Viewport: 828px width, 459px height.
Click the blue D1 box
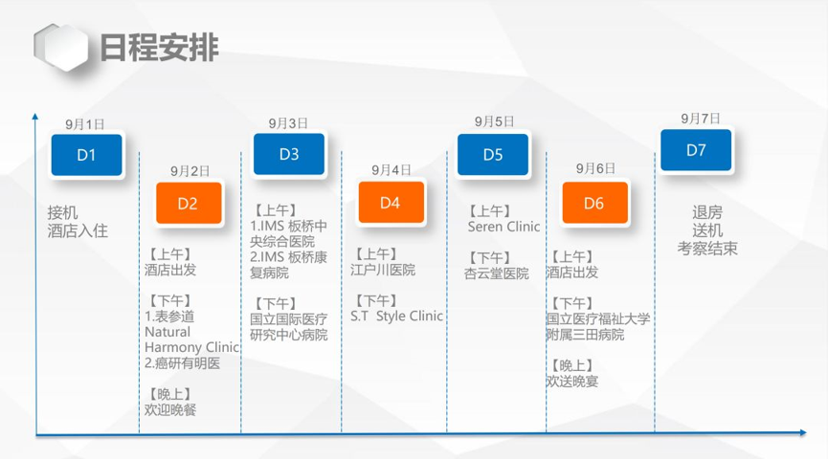[x=86, y=155]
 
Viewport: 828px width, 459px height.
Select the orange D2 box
[x=189, y=203]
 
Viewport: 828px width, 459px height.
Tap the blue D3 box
[x=289, y=154]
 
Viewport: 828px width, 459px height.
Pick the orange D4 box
[x=392, y=202]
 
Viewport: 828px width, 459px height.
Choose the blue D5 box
[x=493, y=154]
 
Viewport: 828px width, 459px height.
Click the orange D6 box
[x=595, y=203]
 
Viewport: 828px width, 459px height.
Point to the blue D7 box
[x=696, y=150]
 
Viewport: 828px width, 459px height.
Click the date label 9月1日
[x=85, y=124]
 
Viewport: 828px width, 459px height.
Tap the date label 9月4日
[x=392, y=170]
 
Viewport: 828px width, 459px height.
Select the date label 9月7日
[x=700, y=119]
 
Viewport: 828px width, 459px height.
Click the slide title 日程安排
[x=159, y=48]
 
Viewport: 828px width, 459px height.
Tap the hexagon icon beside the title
[x=60, y=48]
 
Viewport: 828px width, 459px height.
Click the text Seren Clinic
[x=504, y=227]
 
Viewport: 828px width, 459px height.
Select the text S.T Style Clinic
[x=396, y=316]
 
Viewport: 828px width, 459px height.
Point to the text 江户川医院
[x=383, y=270]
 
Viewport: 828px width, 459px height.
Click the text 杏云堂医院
[x=497, y=273]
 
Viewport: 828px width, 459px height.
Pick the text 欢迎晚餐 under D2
[x=170, y=409]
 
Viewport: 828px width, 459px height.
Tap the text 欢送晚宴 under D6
[x=572, y=381]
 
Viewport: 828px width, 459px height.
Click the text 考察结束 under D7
[x=707, y=249]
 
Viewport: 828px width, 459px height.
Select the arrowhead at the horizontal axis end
[x=803, y=432]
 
